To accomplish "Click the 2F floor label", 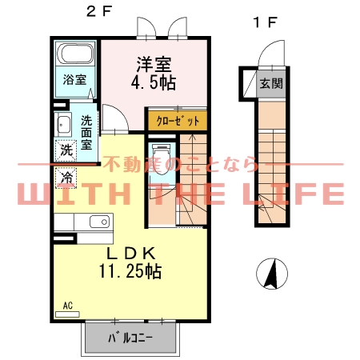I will (x=99, y=11).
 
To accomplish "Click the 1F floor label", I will (x=266, y=22).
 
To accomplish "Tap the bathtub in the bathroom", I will (x=77, y=57).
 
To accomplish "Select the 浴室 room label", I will (x=76, y=80).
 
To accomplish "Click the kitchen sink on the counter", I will (x=100, y=222).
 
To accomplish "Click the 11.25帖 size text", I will (x=131, y=271).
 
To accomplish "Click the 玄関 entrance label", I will (x=270, y=83).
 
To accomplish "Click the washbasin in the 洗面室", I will (x=63, y=124).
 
